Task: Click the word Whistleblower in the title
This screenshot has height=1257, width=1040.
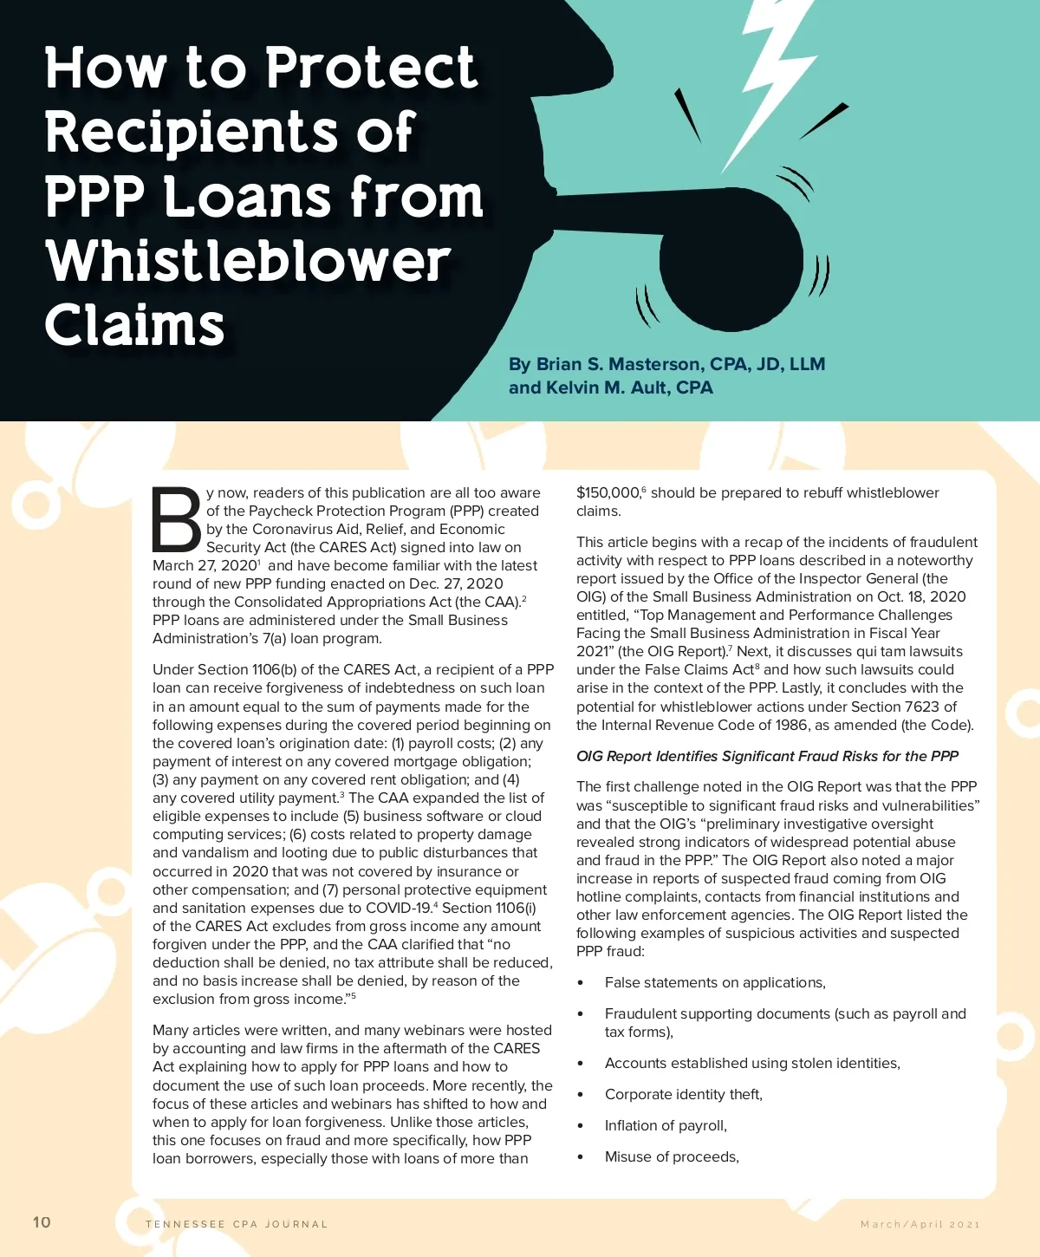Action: click(x=249, y=261)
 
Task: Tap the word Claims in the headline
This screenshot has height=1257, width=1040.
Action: click(x=135, y=325)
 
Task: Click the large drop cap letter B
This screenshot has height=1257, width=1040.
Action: click(x=177, y=519)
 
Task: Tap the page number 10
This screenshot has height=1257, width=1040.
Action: click(x=42, y=1222)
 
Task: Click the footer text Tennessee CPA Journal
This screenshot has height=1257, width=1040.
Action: click(x=237, y=1224)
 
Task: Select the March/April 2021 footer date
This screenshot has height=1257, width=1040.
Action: click(x=920, y=1224)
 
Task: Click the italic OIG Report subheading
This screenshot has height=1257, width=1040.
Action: click(x=767, y=756)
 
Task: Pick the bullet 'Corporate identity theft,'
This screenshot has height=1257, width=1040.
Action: click(x=683, y=1094)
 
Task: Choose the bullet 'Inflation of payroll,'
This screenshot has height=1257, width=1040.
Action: click(x=666, y=1125)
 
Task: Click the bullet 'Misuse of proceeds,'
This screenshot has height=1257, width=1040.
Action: click(x=672, y=1156)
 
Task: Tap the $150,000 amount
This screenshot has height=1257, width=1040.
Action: click(x=608, y=492)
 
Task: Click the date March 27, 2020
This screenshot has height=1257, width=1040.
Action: click(x=205, y=565)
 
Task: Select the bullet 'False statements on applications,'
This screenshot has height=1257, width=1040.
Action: click(x=715, y=982)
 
